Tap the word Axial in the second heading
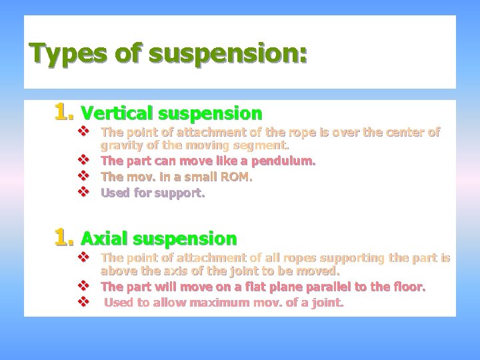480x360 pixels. coord(105,238)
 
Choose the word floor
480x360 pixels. coord(409,287)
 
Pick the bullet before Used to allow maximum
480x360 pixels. coord(84,303)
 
